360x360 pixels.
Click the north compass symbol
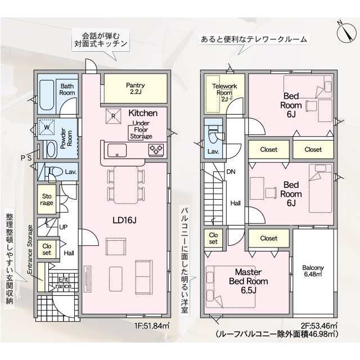point(346,32)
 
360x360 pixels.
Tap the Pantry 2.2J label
point(135,88)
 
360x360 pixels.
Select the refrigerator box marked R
point(114,116)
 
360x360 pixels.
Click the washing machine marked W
point(47,127)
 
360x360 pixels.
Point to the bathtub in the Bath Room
point(47,95)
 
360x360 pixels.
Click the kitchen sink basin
point(117,150)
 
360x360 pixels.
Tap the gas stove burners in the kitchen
point(156,150)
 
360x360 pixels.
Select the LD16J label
point(124,220)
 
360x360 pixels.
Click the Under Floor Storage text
point(141,130)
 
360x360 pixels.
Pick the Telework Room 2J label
point(224,92)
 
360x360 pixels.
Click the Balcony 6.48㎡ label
point(313,271)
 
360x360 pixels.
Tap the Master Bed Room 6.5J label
point(249,281)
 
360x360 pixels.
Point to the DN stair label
point(231,172)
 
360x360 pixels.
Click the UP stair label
point(64,227)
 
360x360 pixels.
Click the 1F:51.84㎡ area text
point(152,326)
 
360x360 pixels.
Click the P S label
point(26,158)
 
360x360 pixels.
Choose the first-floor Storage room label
point(47,200)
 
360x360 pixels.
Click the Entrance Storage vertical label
point(30,249)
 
